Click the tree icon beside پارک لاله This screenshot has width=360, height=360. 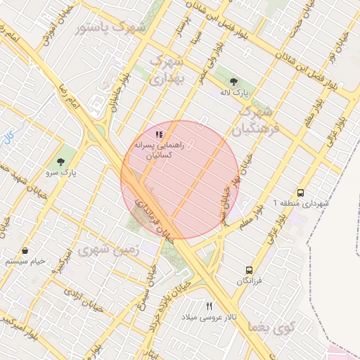tap(233, 82)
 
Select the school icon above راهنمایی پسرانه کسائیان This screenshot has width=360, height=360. tap(159, 134)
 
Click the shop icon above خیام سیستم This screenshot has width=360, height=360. tap(26, 250)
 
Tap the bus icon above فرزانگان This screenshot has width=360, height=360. tap(249, 270)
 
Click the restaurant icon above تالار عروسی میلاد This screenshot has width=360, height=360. tap(209, 307)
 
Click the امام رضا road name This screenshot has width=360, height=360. tap(72, 98)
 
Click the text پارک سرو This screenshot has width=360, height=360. tap(63, 172)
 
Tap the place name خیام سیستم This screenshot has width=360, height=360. tap(25, 261)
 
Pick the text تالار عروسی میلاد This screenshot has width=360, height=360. tap(209, 318)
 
